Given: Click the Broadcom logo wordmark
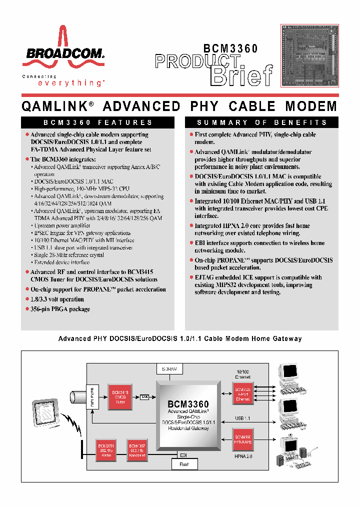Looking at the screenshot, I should click(62, 53).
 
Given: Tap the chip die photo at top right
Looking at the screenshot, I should click(309, 55).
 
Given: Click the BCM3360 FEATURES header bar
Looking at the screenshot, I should click(97, 122).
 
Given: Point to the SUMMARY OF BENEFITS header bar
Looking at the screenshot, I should click(262, 122).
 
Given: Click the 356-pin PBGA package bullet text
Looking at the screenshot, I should click(60, 309).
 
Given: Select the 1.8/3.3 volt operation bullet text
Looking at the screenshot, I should click(57, 299).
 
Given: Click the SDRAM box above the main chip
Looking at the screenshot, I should click(169, 368).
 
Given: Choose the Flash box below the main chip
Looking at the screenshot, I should click(184, 464).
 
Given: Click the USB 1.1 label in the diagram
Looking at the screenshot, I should click(242, 417).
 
